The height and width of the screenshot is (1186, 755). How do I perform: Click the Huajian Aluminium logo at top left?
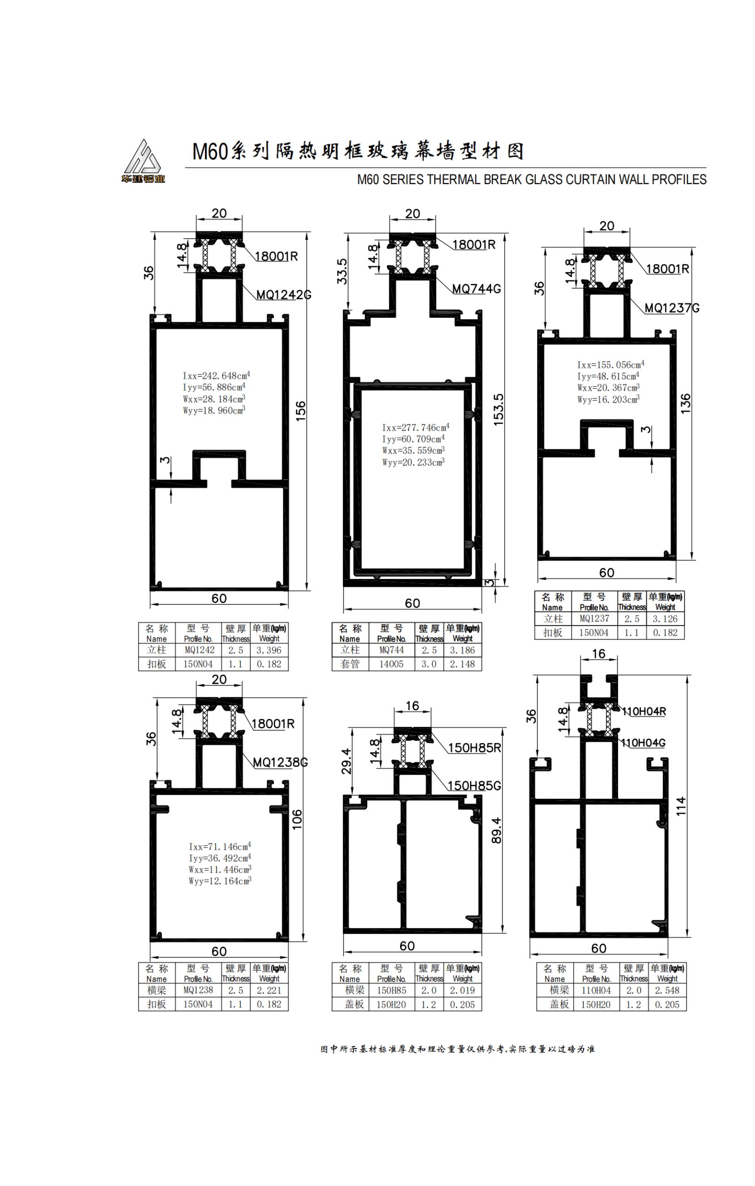tap(143, 162)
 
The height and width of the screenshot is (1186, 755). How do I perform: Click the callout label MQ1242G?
tap(284, 295)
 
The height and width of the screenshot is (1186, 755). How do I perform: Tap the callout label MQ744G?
tap(476, 289)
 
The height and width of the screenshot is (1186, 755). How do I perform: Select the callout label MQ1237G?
tap(672, 308)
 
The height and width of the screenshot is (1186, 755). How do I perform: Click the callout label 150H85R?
tap(474, 748)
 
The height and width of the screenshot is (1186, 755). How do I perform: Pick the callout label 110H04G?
tap(643, 743)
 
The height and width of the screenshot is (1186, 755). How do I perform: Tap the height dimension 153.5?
tap(498, 409)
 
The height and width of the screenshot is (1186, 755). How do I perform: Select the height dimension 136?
tap(685, 403)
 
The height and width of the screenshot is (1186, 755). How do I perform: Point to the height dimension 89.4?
tap(496, 830)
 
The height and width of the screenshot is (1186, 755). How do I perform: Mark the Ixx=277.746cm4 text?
tap(415, 427)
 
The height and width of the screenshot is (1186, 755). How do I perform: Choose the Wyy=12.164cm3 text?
tap(220, 881)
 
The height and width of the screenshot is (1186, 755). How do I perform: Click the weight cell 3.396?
tap(269, 650)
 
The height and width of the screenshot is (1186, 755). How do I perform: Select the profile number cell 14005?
tap(391, 664)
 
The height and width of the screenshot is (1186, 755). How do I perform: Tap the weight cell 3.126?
tap(665, 619)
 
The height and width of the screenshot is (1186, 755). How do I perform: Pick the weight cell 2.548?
tap(667, 991)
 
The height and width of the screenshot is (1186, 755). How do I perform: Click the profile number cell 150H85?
tap(391, 991)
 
